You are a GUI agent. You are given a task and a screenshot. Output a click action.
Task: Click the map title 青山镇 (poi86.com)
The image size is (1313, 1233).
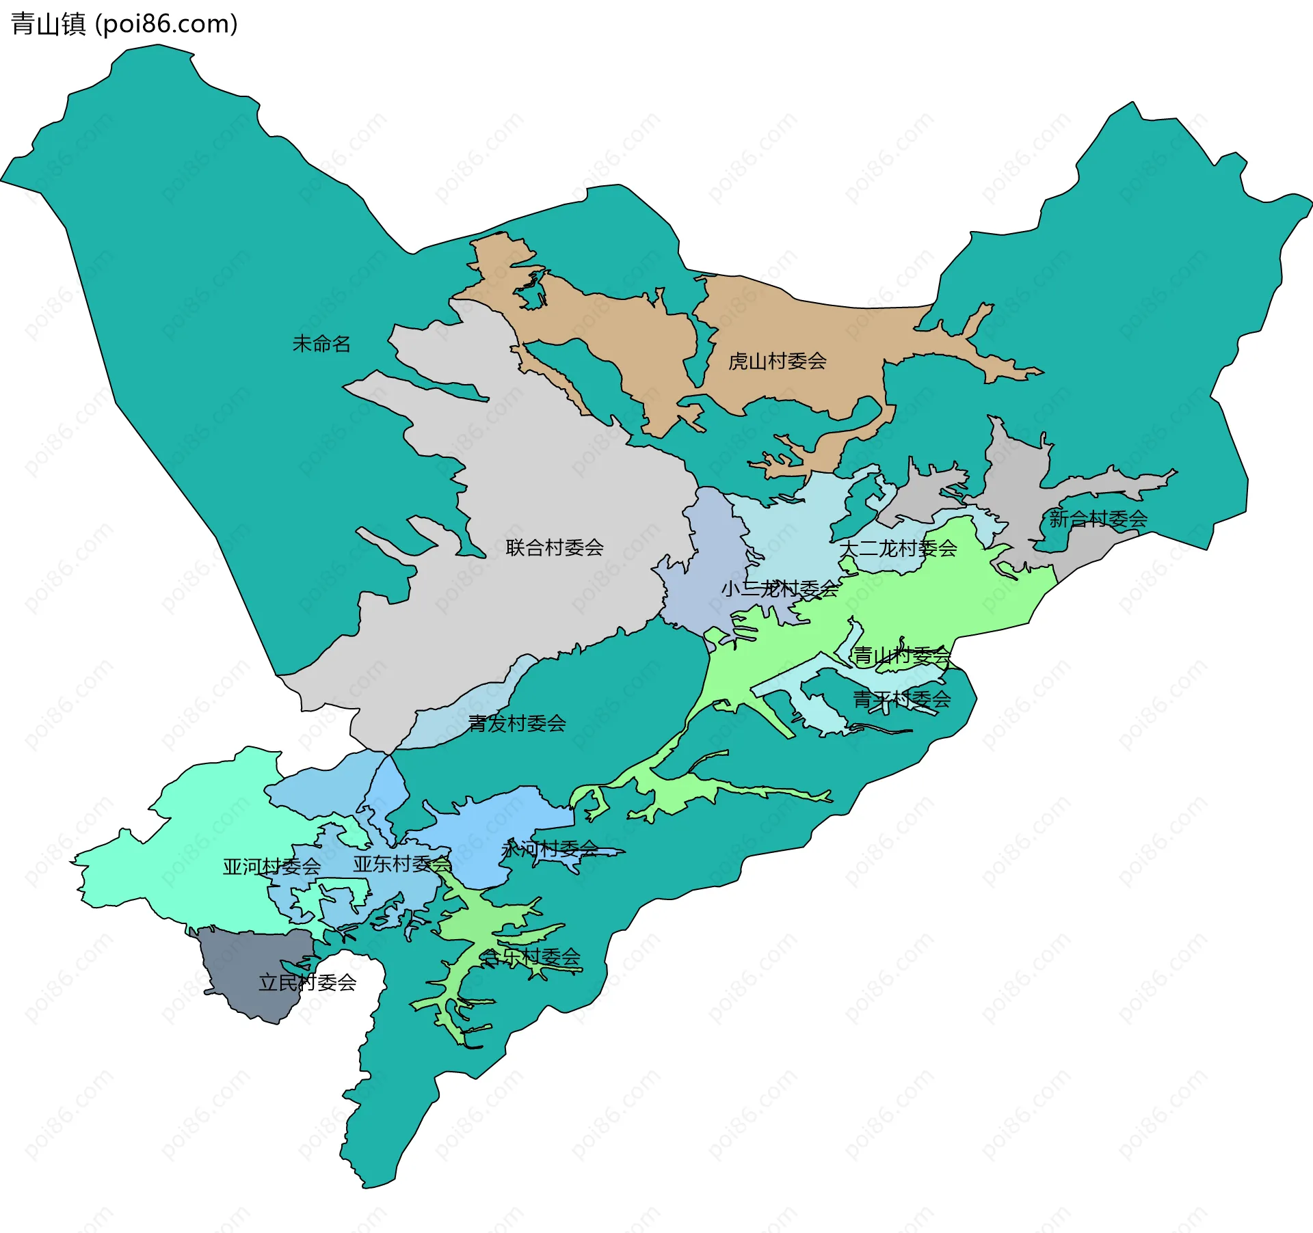124,24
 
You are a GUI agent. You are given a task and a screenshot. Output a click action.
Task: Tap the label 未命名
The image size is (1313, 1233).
321,344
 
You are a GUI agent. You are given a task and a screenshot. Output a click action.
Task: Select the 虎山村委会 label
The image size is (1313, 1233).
778,361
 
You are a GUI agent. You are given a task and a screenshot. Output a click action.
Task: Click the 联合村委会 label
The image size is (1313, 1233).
555,547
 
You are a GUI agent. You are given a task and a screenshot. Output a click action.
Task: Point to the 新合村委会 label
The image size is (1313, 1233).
1098,519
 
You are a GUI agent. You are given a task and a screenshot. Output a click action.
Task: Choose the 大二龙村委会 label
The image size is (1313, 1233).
898,548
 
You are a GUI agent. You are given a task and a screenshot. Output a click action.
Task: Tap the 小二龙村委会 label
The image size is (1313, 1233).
780,588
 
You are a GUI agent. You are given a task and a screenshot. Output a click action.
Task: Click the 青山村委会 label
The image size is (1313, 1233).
902,656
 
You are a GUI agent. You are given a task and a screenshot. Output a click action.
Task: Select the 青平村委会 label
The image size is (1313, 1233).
902,699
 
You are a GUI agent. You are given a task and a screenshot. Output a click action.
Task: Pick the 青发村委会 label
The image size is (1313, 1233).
517,723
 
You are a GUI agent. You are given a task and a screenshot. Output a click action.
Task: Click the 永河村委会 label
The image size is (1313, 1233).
550,850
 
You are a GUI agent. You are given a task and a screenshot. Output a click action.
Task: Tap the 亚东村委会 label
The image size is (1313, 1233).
402,864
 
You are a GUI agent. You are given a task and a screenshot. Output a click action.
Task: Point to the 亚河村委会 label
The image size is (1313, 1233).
271,867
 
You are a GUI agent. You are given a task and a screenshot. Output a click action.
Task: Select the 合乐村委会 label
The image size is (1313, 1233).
531,957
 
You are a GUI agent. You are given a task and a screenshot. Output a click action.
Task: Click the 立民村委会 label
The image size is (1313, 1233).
308,983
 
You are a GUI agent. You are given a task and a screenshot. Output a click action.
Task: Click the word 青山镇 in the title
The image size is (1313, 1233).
48,24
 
